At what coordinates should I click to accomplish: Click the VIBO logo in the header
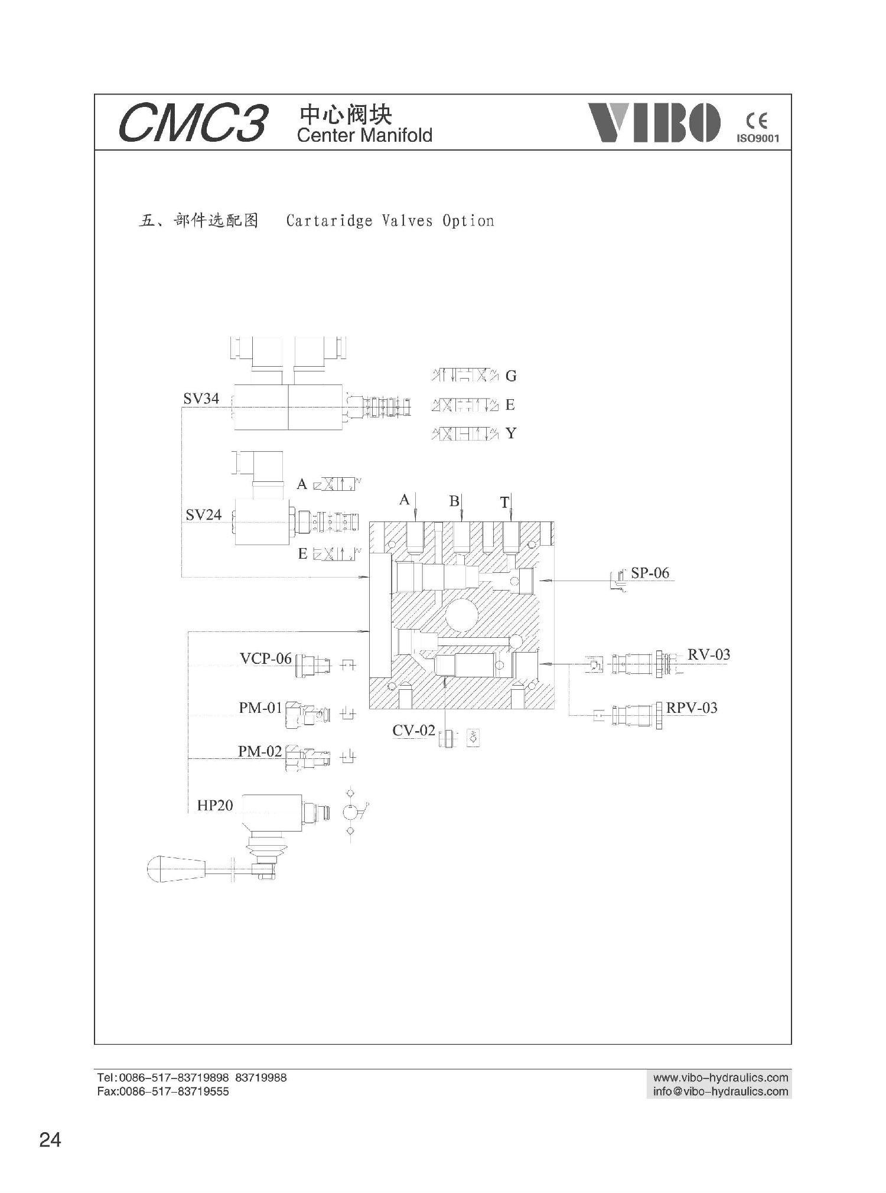(x=654, y=122)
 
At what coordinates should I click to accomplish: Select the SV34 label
(x=201, y=399)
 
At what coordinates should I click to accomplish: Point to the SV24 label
(x=203, y=514)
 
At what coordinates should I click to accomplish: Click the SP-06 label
(x=650, y=572)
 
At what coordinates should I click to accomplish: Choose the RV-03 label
(x=708, y=654)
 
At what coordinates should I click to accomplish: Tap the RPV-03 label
(x=692, y=708)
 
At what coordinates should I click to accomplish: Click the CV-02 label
(x=413, y=731)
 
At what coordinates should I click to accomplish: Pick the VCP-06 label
(x=265, y=659)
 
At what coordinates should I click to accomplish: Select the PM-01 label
(x=260, y=708)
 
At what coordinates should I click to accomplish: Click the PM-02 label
(x=260, y=751)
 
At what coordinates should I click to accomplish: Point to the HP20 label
(x=215, y=805)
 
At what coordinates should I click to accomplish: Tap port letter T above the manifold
(x=504, y=503)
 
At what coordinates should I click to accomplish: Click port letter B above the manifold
(x=454, y=501)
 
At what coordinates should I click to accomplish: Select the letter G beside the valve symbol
(x=511, y=376)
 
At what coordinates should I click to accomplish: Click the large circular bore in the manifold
(x=462, y=617)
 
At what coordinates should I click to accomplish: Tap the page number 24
(x=50, y=1139)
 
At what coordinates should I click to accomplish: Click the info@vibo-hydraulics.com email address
(x=721, y=1091)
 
